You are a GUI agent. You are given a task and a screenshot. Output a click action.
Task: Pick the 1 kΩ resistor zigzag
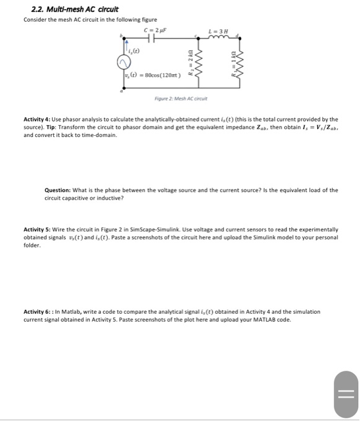pyautogui.click(x=242, y=62)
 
